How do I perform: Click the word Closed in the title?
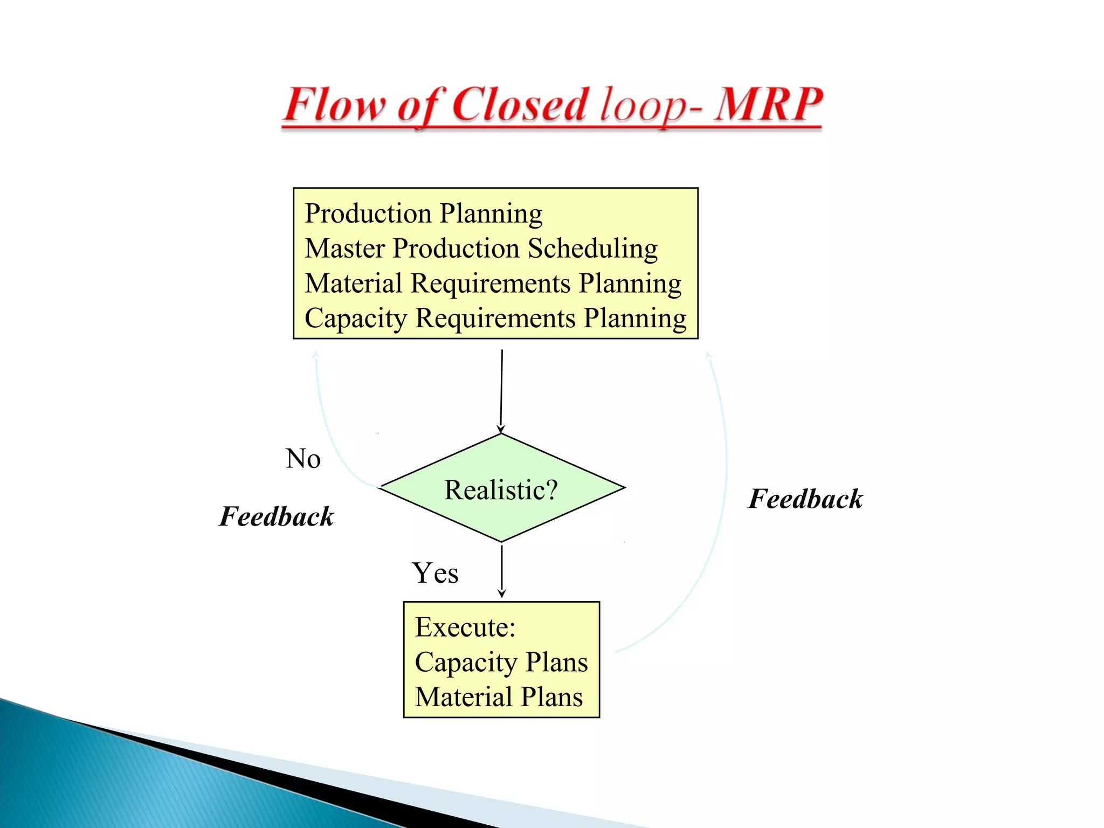(519, 105)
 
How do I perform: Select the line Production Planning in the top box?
(423, 213)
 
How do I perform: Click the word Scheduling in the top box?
(592, 249)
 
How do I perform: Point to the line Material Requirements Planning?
(493, 284)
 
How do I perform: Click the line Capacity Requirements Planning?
(495, 318)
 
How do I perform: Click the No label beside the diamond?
(303, 459)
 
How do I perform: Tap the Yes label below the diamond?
(435, 573)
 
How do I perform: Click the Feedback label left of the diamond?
(277, 516)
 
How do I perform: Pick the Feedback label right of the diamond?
(805, 499)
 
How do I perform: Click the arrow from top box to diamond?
(501, 391)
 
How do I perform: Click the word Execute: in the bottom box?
(465, 627)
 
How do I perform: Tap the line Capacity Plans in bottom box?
(501, 662)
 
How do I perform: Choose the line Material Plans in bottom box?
(499, 697)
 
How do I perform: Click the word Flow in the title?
(334, 105)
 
